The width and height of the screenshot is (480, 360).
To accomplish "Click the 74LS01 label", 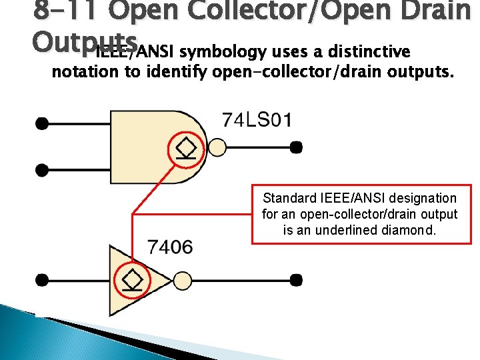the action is [x=257, y=121].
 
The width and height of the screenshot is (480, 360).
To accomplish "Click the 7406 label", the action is [x=170, y=247].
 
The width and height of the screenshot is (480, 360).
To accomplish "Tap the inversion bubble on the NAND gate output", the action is [x=217, y=147].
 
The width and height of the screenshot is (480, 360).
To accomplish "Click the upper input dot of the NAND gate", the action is [x=41, y=123].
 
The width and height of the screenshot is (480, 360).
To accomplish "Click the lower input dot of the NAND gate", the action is [x=41, y=170].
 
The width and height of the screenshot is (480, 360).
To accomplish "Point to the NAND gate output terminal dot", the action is [x=296, y=147].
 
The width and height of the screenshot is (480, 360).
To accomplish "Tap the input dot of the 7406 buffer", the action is [x=41, y=279].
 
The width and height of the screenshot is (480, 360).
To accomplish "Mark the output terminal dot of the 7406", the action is [x=296, y=279].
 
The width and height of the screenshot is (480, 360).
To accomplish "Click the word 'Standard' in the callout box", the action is [x=290, y=198].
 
